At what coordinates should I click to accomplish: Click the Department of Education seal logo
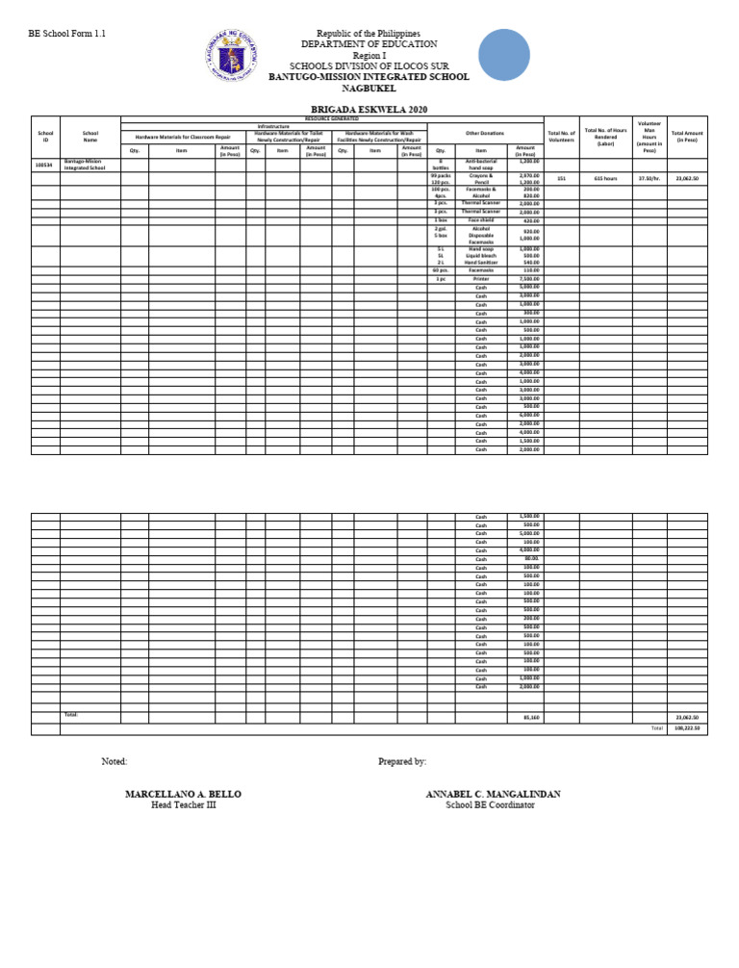click(234, 60)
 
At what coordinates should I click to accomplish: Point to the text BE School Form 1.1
click(66, 34)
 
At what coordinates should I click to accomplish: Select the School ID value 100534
click(43, 165)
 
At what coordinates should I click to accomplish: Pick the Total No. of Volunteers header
click(561, 136)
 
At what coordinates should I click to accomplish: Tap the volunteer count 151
click(561, 179)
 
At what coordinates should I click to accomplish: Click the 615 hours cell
click(604, 179)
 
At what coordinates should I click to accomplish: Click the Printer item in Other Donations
click(481, 279)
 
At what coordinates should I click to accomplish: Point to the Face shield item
click(481, 220)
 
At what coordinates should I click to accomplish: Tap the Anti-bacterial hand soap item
click(481, 165)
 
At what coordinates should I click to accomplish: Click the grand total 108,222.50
click(687, 728)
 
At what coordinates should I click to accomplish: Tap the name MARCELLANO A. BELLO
click(183, 794)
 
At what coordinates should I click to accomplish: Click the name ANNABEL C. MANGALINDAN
click(493, 794)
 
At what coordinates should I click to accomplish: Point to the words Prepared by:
click(402, 761)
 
